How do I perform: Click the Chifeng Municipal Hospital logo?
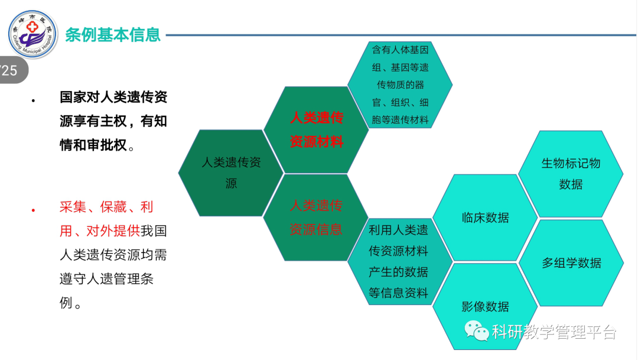(x=33, y=34)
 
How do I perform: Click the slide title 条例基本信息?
(x=113, y=35)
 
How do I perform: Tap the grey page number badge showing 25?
(x=12, y=70)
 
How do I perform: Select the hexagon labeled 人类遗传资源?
(x=231, y=173)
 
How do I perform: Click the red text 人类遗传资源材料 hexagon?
(x=316, y=130)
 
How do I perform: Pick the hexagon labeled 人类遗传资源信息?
(x=315, y=218)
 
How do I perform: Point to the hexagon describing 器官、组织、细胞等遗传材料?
(x=400, y=85)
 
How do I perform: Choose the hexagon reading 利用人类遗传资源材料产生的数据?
(x=399, y=261)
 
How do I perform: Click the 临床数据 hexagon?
(x=485, y=218)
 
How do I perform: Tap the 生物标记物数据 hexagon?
(x=571, y=174)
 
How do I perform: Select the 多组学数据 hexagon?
(x=571, y=262)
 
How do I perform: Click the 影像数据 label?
(x=485, y=306)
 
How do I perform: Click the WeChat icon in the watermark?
(x=477, y=330)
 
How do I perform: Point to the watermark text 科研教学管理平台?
(x=554, y=332)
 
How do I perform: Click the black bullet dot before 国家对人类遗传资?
(x=33, y=100)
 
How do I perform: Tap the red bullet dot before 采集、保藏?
(x=33, y=210)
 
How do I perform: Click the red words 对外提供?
(x=113, y=231)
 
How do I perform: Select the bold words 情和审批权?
(x=93, y=145)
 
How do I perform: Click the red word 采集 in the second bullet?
(x=73, y=207)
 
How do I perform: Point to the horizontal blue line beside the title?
(x=401, y=35)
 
